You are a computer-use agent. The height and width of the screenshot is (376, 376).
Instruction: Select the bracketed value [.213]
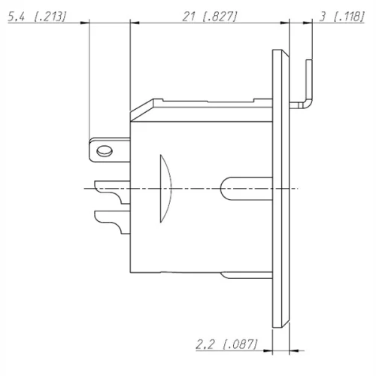(x=49, y=14)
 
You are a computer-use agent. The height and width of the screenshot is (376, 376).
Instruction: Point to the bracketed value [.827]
(x=223, y=14)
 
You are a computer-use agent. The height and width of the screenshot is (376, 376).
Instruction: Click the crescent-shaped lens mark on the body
(x=166, y=188)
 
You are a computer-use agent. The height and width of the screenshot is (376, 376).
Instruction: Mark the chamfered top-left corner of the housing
(x=142, y=107)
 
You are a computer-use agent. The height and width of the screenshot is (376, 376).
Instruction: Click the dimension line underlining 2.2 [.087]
(x=226, y=351)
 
